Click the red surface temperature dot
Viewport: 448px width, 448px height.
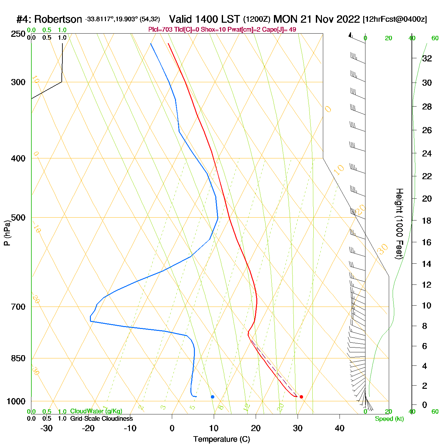point(301,397)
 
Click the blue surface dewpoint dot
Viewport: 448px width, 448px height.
point(212,397)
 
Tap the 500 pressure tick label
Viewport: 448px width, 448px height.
point(18,218)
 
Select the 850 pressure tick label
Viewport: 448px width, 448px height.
point(18,358)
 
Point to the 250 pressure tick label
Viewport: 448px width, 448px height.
point(18,34)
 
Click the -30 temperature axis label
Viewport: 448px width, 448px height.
point(46,428)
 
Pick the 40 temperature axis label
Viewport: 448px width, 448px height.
point(340,428)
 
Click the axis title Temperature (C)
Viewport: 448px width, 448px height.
point(221,439)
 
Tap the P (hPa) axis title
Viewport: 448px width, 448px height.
point(7,233)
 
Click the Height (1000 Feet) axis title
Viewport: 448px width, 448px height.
point(399,224)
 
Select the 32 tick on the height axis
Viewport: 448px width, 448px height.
point(427,59)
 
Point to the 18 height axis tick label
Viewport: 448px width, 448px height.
point(427,220)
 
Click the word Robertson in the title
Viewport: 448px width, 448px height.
point(58,20)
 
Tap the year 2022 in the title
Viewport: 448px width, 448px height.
point(347,19)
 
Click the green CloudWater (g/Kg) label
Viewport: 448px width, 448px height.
point(96,411)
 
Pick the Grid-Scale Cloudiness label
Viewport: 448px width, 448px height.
point(101,419)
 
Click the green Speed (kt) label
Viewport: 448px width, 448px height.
point(389,419)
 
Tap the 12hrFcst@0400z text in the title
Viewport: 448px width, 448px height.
point(395,20)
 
